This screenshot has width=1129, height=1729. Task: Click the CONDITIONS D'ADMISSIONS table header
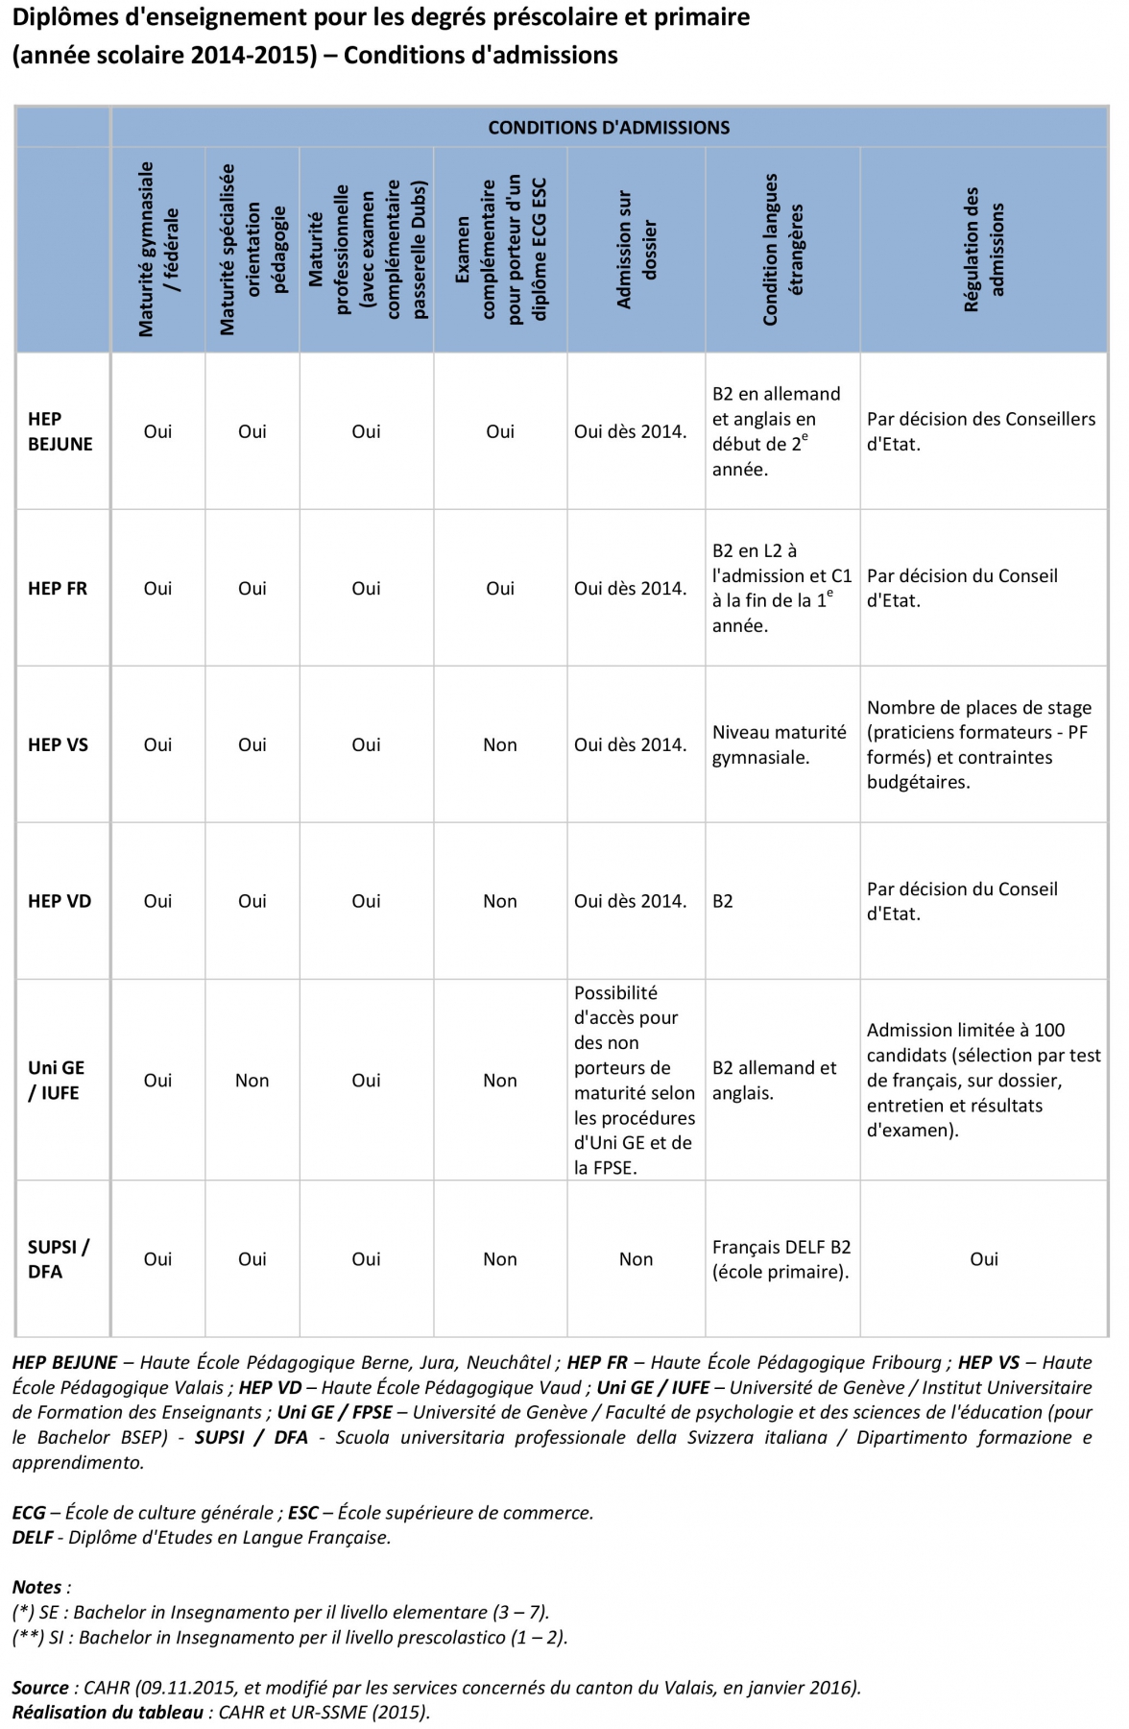[x=609, y=128]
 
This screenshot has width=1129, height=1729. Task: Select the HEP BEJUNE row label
[x=60, y=431]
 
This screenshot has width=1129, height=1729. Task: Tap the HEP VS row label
[x=58, y=744]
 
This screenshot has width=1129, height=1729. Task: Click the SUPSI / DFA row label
[x=58, y=1258]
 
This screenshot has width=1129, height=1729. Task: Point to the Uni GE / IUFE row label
[x=56, y=1080]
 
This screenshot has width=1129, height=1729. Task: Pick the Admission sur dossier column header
[x=637, y=251]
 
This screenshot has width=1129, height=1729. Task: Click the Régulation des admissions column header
[x=983, y=250]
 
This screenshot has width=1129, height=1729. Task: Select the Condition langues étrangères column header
[x=782, y=250]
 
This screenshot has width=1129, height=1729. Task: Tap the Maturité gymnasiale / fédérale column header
[x=158, y=250]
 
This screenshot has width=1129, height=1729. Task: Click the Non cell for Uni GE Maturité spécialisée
[x=252, y=1081]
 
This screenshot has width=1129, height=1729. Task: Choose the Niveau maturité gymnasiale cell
[x=779, y=744]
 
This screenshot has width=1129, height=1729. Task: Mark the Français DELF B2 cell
[x=781, y=1259]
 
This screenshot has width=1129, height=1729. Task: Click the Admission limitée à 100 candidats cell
[x=983, y=1080]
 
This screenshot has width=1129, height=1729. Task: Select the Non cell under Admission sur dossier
[x=636, y=1259]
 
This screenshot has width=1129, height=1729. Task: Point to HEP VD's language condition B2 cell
[x=723, y=901]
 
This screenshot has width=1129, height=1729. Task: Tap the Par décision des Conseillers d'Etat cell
[x=980, y=431]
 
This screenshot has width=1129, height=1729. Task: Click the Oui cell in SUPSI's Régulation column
[x=983, y=1259]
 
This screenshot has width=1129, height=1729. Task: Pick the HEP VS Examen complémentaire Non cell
[x=499, y=744]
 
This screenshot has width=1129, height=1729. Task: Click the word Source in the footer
[x=39, y=1687]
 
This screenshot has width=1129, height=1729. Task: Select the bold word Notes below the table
[x=37, y=1587]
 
